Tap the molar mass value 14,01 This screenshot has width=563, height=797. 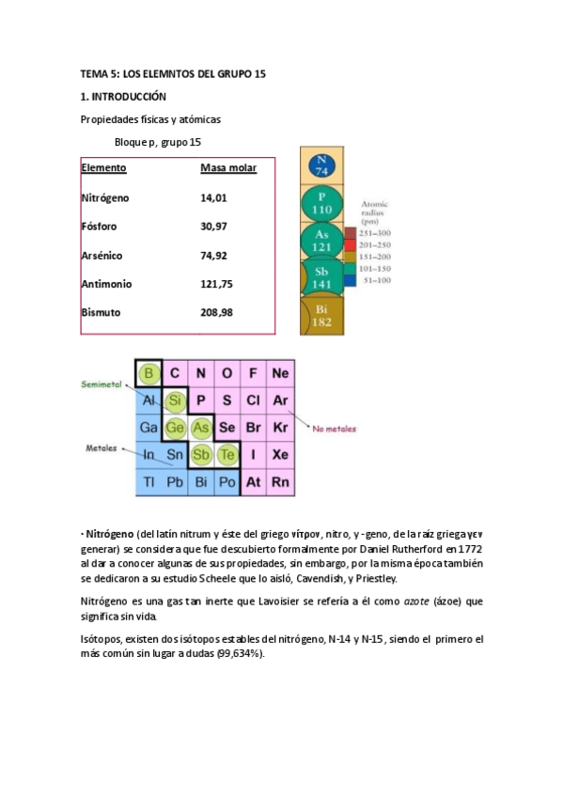coord(213,198)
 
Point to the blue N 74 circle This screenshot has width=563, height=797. coord(321,165)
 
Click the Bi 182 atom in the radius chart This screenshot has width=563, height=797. coord(321,316)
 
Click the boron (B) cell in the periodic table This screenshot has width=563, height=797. coord(148,374)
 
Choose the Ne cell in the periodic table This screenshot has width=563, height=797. coord(280,374)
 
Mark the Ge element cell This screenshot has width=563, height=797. coord(174,428)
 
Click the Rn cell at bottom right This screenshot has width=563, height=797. coord(280,482)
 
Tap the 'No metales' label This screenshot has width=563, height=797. coord(335,428)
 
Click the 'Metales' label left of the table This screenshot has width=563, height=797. coord(102,448)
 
